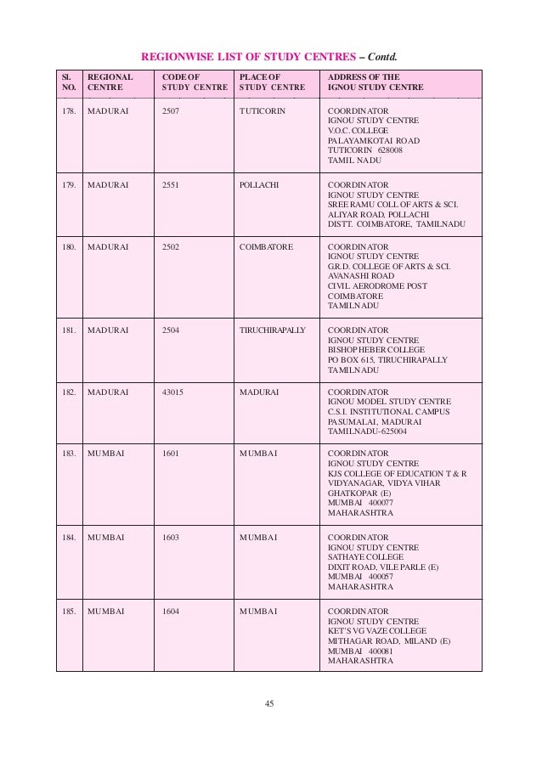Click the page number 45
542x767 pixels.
(x=270, y=702)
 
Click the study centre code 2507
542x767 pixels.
(x=170, y=111)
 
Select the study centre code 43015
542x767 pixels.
(x=172, y=392)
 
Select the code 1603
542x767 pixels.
(x=170, y=537)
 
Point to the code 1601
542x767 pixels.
(x=170, y=454)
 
